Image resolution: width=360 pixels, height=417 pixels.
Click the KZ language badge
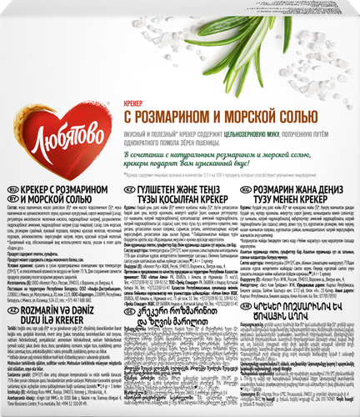[127, 213]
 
